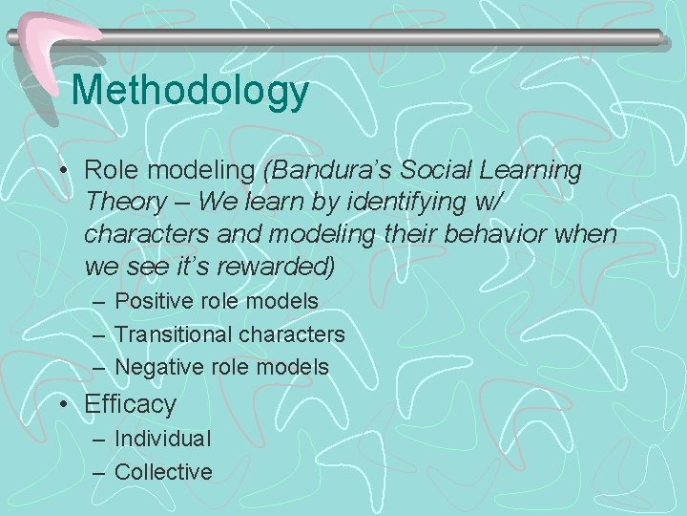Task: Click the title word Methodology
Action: pos(190,91)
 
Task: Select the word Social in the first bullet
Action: pos(432,171)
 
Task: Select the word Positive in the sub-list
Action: pos(150,301)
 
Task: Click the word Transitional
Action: pos(174,334)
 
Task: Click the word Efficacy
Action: pos(131,404)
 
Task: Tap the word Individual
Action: pos(162,439)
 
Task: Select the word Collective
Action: pos(163,471)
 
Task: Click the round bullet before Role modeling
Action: pos(61,172)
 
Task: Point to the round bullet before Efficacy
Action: pos(61,405)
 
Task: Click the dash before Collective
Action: pos(99,472)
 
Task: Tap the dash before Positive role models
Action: pos(99,302)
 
